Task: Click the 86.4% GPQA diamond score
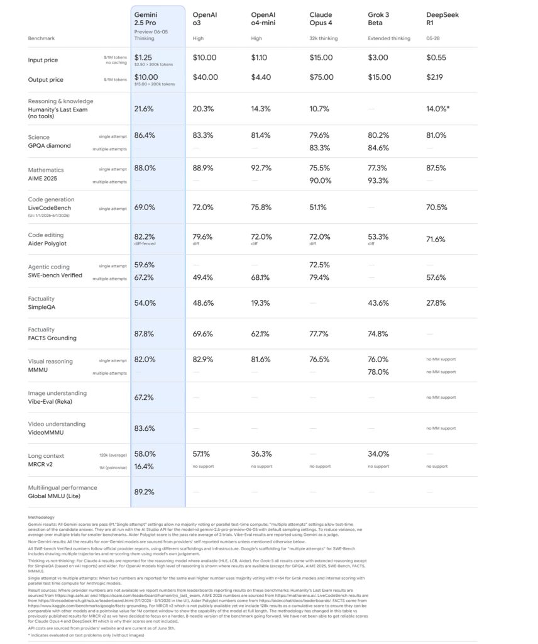click(145, 135)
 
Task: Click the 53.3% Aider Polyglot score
click(378, 237)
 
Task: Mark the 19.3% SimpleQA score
click(261, 303)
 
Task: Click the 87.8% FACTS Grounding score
click(145, 334)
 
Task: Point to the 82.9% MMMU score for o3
click(202, 359)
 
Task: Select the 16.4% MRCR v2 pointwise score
click(144, 466)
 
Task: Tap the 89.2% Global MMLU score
click(144, 492)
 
